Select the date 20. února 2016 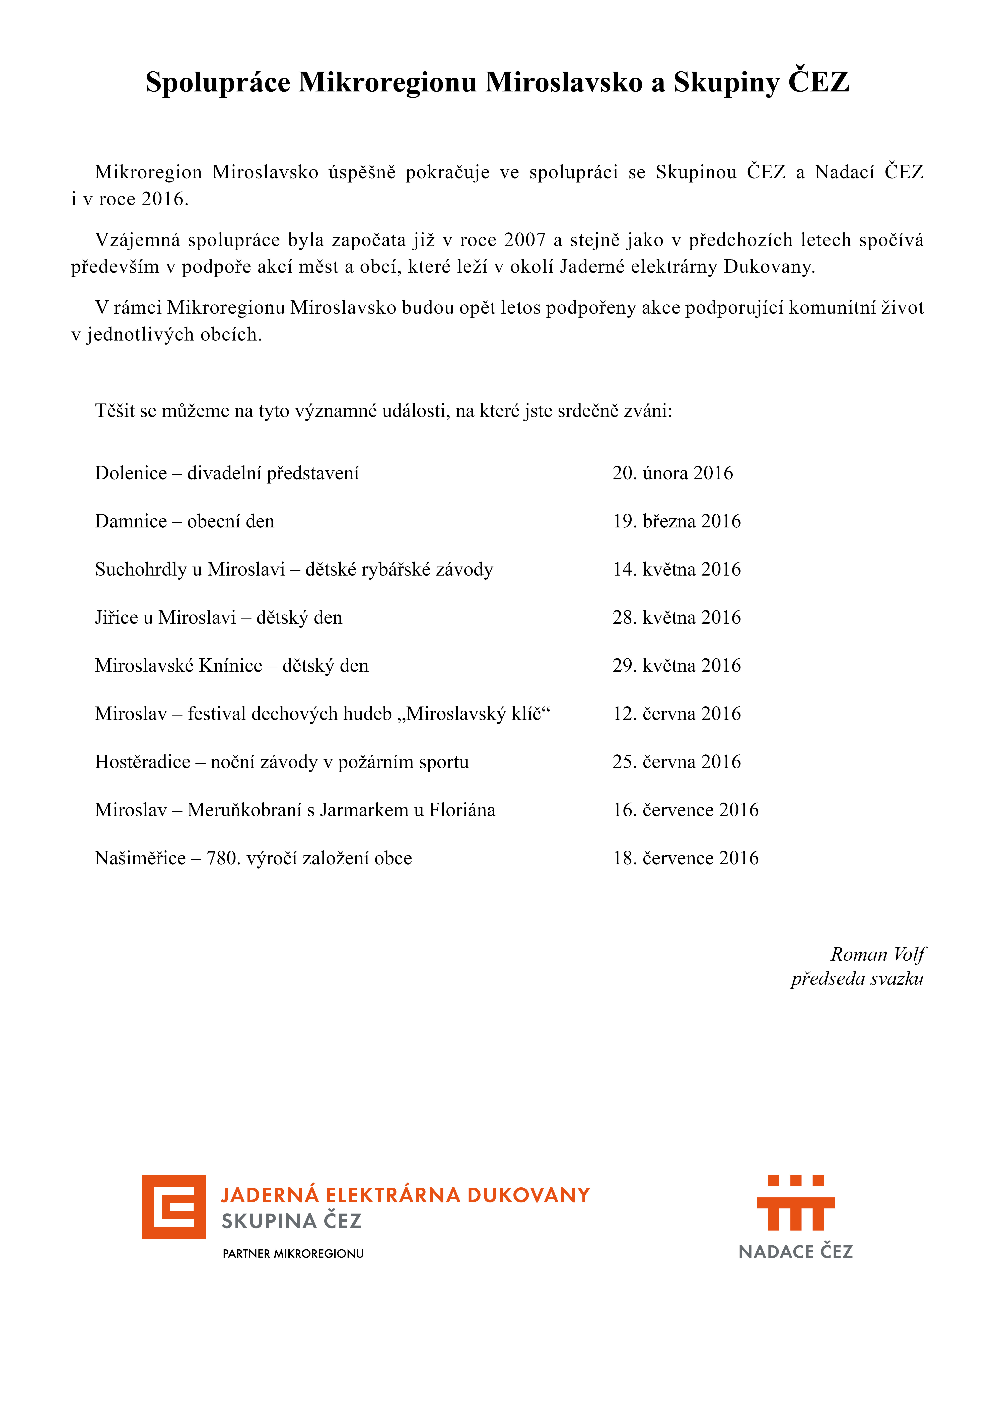pos(672,473)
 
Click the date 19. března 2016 pos(676,521)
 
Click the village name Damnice pos(131,521)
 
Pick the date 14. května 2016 pos(676,569)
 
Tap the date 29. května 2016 pos(676,666)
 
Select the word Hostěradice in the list pos(142,762)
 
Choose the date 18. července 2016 pos(685,859)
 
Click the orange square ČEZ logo pos(174,1207)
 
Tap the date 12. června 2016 pos(676,714)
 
